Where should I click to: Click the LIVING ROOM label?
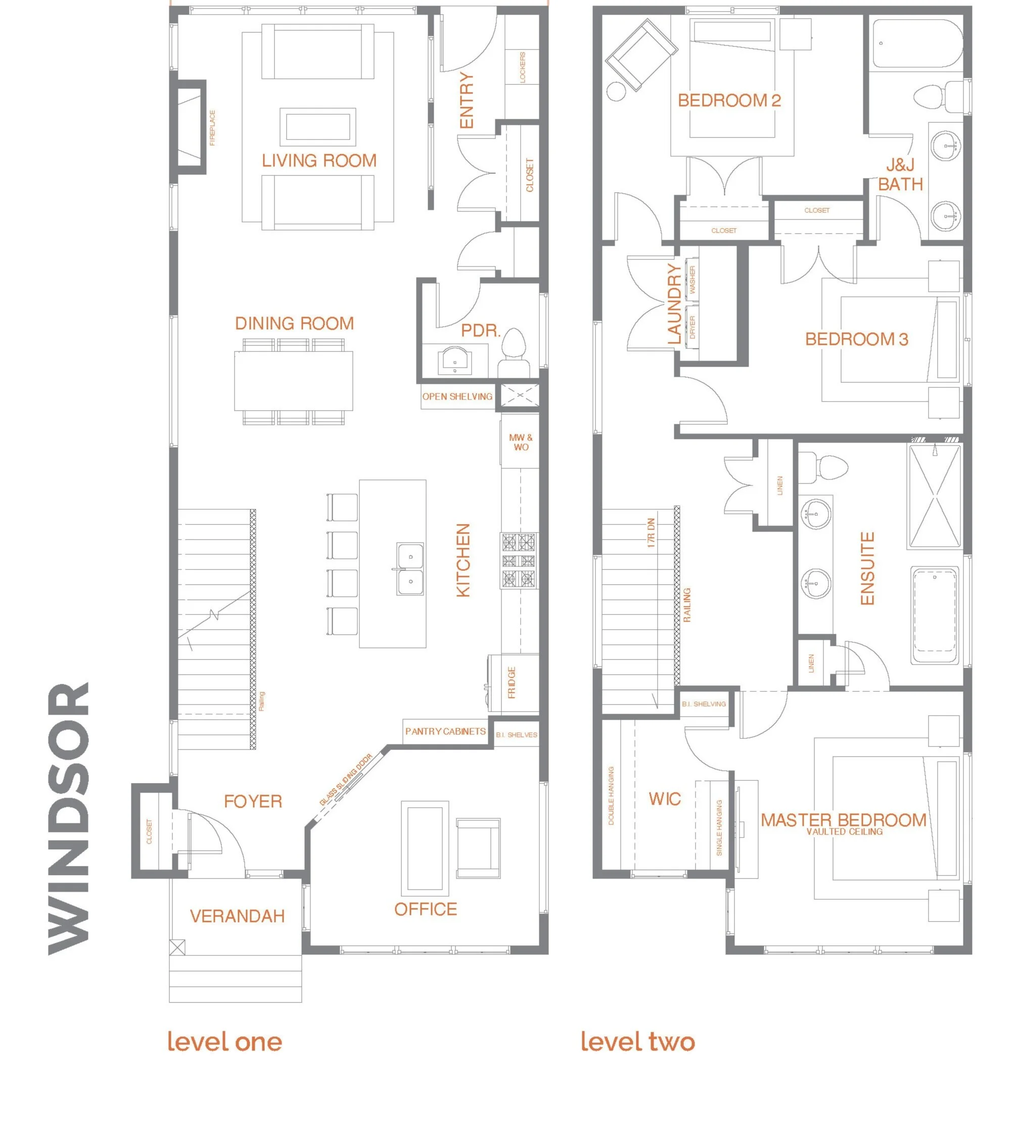tap(319, 161)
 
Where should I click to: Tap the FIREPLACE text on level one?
tap(212, 128)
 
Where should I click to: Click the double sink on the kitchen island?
tap(410, 569)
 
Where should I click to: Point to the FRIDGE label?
tap(512, 683)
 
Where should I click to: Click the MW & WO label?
tap(521, 442)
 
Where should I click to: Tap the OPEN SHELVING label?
tap(457, 397)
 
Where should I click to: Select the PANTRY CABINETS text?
tap(445, 731)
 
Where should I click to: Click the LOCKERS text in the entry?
tap(523, 68)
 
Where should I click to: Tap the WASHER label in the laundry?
tap(693, 280)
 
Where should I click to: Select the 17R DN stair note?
tap(651, 532)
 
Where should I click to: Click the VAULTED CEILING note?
tap(844, 832)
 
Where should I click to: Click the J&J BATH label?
tap(900, 175)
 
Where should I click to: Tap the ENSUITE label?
tap(867, 568)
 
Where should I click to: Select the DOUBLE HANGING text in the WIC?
tap(611, 796)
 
